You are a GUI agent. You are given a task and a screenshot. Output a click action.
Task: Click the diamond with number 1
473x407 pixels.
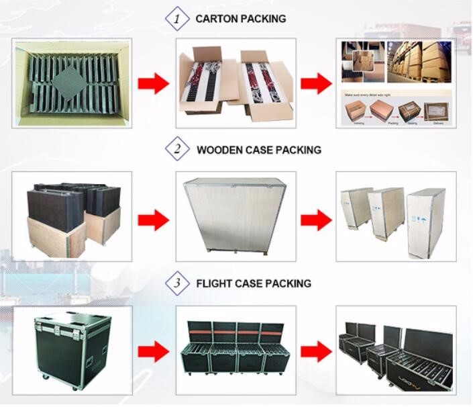point(177,19)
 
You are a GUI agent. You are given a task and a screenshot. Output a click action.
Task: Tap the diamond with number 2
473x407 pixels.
point(177,149)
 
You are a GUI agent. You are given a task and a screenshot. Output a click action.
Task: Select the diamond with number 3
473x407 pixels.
point(177,283)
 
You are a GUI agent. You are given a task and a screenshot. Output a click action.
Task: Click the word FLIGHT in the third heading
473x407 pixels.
point(215,283)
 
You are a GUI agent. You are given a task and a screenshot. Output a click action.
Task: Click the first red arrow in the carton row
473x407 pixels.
point(154,84)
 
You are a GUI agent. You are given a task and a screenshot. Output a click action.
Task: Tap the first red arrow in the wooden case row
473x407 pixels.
point(154,219)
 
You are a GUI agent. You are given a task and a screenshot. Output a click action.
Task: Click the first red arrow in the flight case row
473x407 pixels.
point(154,351)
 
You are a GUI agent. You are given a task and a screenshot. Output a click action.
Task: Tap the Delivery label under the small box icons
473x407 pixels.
point(438,122)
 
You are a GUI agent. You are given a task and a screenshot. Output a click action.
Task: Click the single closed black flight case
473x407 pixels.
point(71,351)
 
